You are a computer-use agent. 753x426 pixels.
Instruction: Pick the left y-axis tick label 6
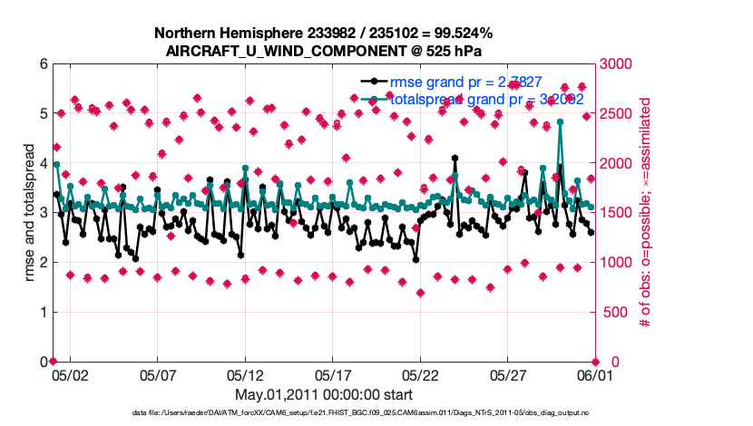[x=43, y=64]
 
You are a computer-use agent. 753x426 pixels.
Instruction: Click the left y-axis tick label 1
[x=43, y=312]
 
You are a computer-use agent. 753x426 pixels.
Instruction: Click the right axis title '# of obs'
[x=646, y=213]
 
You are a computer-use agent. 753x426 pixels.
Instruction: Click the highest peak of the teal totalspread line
[x=561, y=121]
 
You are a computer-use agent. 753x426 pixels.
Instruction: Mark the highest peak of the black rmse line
[x=455, y=158]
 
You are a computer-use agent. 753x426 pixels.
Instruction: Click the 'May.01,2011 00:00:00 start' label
[x=324, y=395]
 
